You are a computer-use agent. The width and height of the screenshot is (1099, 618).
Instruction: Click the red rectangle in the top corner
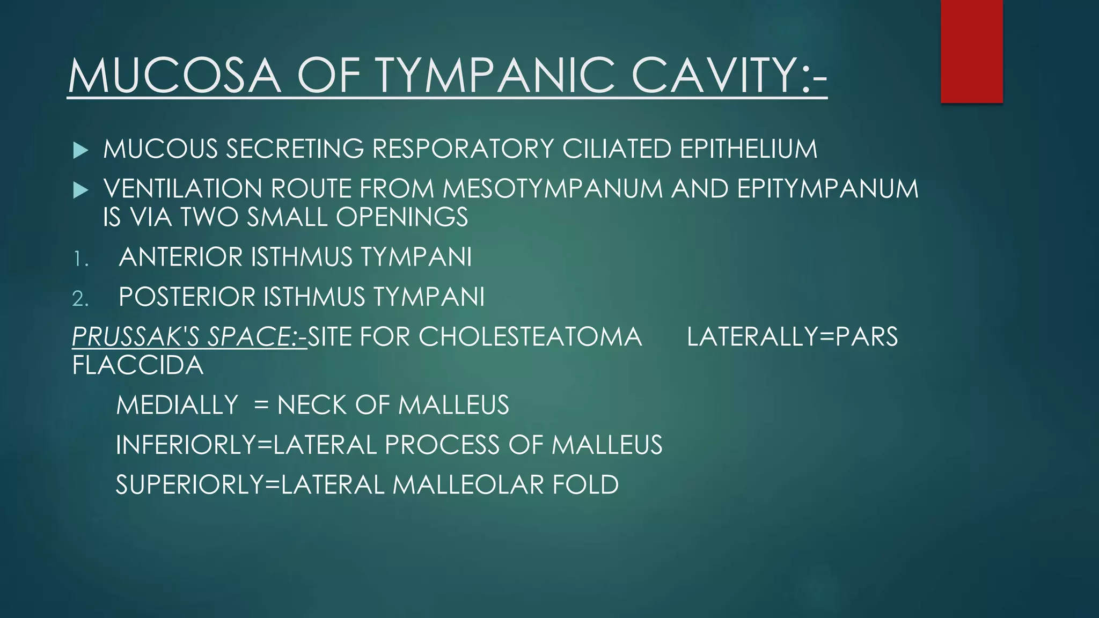tap(971, 51)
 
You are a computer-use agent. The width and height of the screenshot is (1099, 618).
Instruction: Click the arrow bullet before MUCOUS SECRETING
tap(80, 150)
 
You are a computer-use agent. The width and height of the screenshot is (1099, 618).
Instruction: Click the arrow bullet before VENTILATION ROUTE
tap(80, 190)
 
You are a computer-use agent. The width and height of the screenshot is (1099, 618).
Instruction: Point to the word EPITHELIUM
tap(749, 149)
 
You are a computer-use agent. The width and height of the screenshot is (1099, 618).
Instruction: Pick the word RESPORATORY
tap(463, 149)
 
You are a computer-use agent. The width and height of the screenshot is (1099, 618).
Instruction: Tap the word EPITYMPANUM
tap(827, 189)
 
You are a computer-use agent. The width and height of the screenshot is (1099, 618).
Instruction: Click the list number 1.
tap(80, 259)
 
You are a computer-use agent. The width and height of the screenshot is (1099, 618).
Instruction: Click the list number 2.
tap(80, 299)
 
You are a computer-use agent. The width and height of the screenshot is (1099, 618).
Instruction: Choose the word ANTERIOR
tap(180, 257)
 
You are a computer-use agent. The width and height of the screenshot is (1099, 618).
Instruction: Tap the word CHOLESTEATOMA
tap(530, 337)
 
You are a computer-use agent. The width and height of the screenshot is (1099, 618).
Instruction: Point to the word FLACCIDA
tap(138, 365)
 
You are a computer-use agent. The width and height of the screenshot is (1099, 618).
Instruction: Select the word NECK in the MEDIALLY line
tap(311, 405)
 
